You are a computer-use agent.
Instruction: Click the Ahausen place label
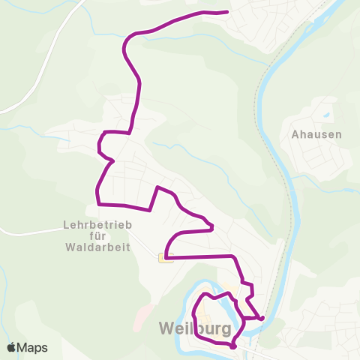(316, 135)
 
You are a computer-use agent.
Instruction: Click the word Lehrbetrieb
(97, 223)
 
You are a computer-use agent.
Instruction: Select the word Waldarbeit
(97, 246)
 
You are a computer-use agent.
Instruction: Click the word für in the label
(97, 235)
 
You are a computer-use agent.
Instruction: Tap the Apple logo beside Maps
(12, 348)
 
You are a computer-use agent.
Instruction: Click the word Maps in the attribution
(32, 348)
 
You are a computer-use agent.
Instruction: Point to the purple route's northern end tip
(226, 12)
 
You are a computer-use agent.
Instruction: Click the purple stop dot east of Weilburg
(262, 318)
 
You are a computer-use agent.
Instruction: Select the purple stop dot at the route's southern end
(233, 346)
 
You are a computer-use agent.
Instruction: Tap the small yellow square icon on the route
(165, 258)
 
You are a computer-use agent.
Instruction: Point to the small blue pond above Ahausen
(326, 115)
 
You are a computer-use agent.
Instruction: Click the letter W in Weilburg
(166, 328)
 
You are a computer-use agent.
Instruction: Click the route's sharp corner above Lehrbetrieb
(98, 203)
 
